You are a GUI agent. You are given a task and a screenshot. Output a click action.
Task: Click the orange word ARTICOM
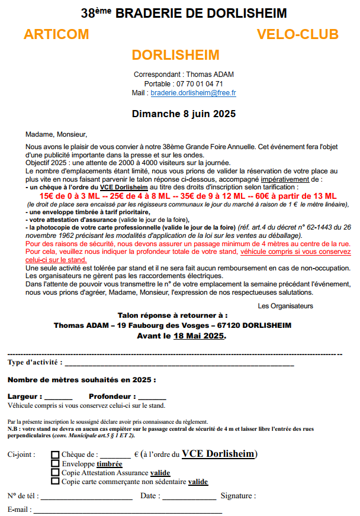pos(56,34)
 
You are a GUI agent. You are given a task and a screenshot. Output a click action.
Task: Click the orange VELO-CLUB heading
pos(297,34)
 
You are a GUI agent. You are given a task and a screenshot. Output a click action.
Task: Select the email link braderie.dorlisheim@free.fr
pos(193,93)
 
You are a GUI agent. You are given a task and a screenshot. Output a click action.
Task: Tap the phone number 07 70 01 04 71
pos(200,84)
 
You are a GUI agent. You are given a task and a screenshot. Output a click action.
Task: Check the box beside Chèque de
pos(56,454)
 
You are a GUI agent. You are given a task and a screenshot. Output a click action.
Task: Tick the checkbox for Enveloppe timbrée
pos(56,463)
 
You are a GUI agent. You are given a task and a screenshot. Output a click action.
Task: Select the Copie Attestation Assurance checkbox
pos(56,472)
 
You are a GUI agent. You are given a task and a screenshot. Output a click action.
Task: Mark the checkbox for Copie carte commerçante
pos(56,481)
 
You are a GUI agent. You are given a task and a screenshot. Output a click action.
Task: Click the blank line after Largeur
pos(58,397)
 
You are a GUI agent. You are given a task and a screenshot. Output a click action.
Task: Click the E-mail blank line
pos(127,509)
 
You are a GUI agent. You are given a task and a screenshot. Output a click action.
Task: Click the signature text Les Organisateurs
pos(285,306)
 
